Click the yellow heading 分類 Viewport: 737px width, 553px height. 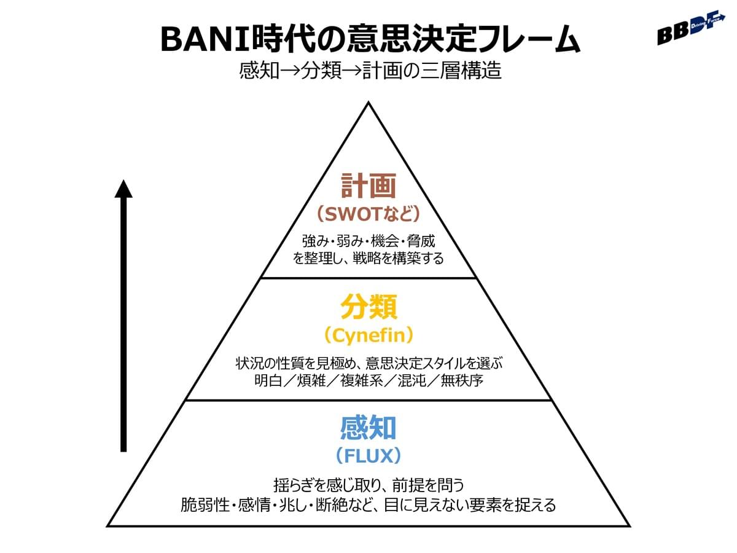click(x=368, y=307)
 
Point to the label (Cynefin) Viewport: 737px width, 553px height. click(x=368, y=335)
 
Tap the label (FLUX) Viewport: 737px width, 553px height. click(x=368, y=455)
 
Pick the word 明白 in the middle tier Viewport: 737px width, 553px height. click(x=267, y=380)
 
